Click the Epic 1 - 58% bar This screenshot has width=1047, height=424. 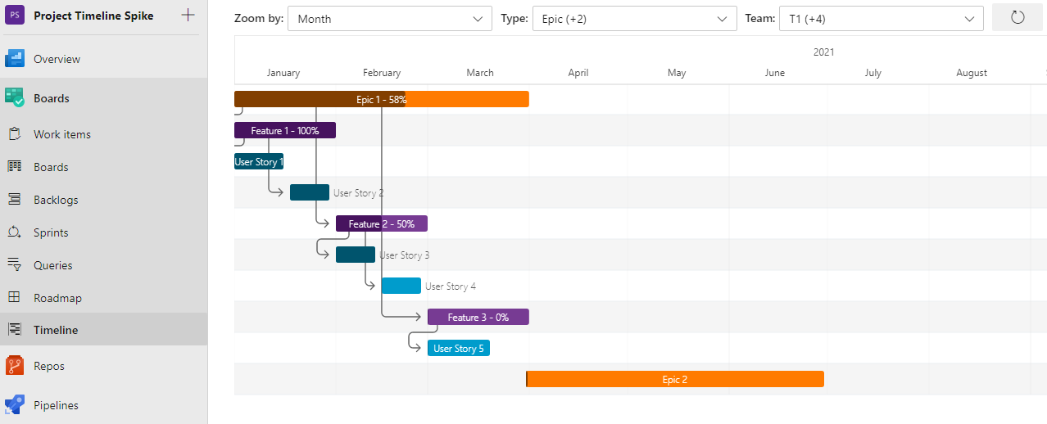pos(381,99)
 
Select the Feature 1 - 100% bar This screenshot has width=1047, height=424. pos(284,131)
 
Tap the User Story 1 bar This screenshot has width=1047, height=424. pos(258,162)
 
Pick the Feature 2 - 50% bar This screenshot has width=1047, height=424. pos(381,223)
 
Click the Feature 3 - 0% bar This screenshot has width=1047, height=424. pos(478,317)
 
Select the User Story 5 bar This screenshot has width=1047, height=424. pos(458,348)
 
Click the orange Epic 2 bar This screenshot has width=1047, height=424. pos(674,379)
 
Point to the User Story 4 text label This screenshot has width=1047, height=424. pos(450,286)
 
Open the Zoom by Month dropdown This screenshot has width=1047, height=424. pos(389,18)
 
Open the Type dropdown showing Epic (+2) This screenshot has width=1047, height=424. pos(634,18)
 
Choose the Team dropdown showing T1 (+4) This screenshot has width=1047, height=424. pos(881,18)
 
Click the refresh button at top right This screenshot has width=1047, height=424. pos(1018,17)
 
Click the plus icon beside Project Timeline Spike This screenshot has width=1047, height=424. pos(188,15)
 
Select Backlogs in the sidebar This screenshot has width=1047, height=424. pos(56,200)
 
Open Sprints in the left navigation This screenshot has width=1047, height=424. pos(51,232)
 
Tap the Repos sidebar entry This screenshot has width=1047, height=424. pos(49,366)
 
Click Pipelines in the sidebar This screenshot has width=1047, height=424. pos(56,405)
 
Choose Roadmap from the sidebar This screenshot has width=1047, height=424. pos(57,298)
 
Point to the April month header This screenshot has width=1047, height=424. pos(578,73)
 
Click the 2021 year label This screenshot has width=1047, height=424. pos(823,52)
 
